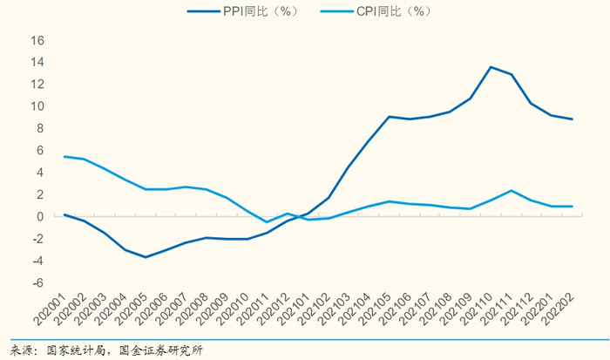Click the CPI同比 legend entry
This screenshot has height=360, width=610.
tap(387, 11)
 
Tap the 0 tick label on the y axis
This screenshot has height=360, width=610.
tap(39, 216)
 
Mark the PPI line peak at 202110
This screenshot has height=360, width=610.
tap(491, 67)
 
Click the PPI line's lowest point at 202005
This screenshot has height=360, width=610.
tap(146, 257)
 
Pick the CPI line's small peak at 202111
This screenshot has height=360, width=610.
tap(511, 190)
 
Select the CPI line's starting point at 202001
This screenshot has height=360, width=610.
tap(65, 157)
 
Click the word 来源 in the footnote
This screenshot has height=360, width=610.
tap(24, 350)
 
